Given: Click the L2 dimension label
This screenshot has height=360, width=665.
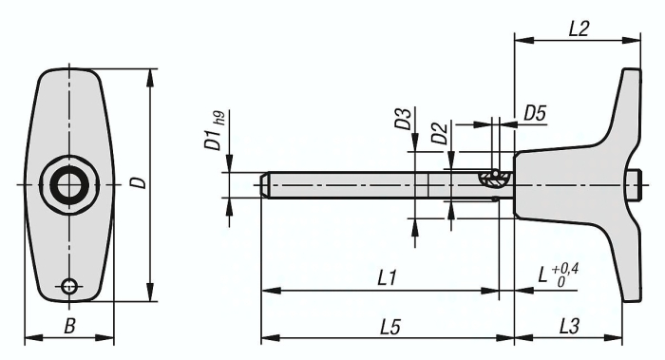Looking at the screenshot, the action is pyautogui.click(x=578, y=29).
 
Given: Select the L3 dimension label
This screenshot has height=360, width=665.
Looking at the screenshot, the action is pyautogui.click(x=569, y=327).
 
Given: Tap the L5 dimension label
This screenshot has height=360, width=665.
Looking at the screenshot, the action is pyautogui.click(x=390, y=327).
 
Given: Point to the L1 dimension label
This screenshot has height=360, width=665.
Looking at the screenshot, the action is pyautogui.click(x=387, y=278).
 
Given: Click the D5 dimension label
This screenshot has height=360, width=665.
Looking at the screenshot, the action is pyautogui.click(x=535, y=114).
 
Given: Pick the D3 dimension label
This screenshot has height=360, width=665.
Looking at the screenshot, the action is pyautogui.click(x=403, y=119).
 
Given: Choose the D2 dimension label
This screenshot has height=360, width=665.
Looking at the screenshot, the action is pyautogui.click(x=439, y=133).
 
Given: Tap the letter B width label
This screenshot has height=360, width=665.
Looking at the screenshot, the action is pyautogui.click(x=69, y=327).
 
